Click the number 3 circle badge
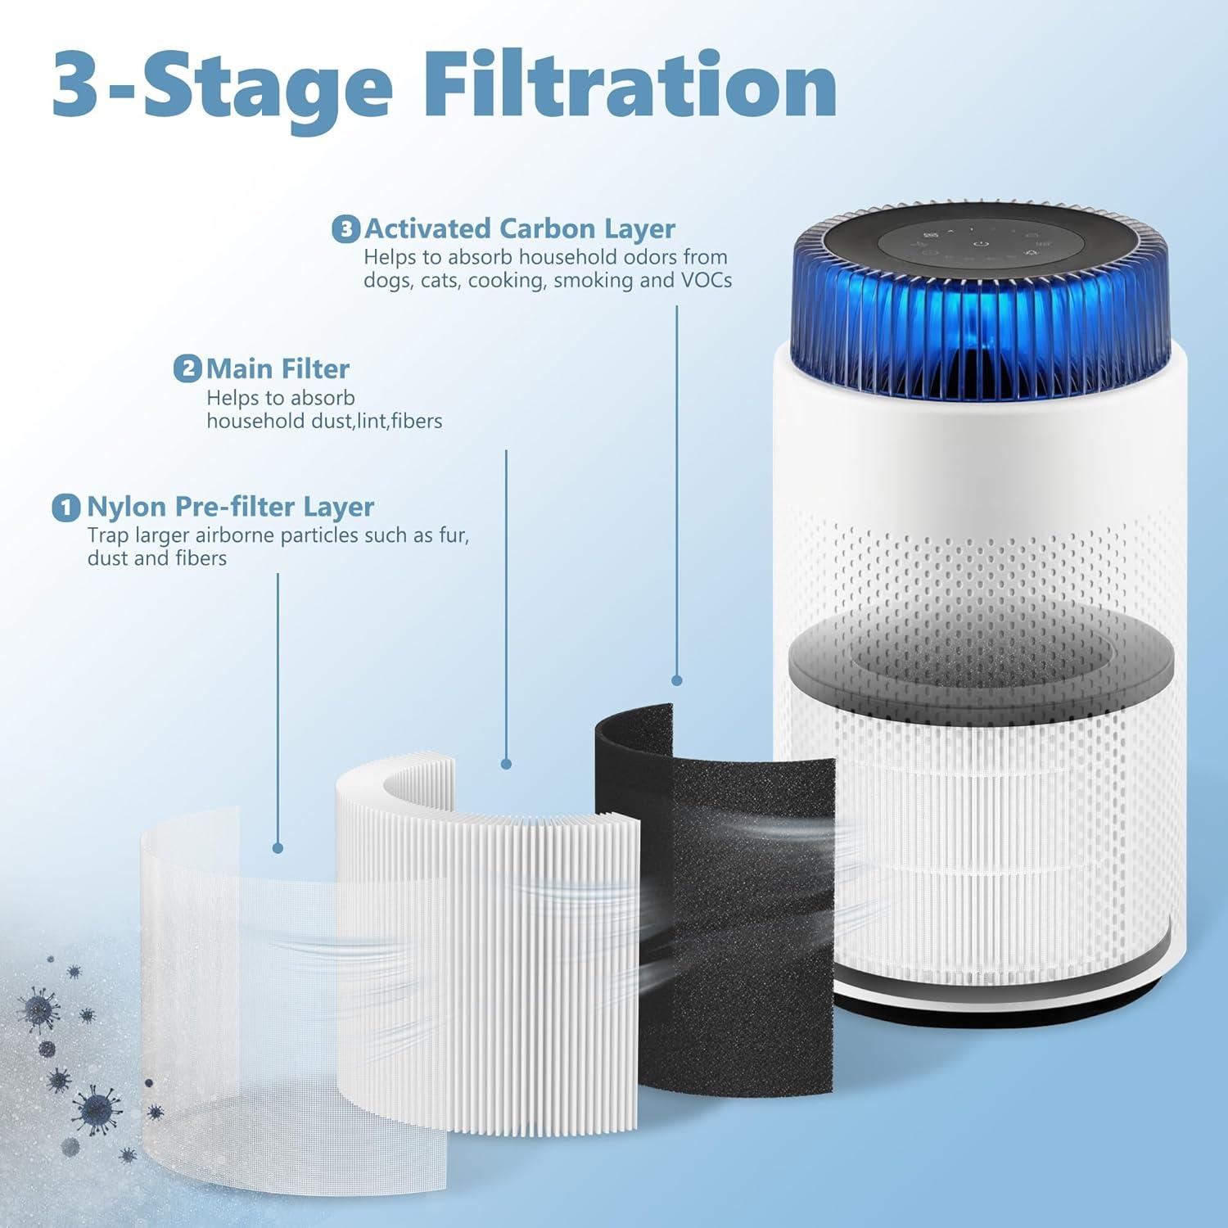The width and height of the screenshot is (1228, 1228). tap(345, 229)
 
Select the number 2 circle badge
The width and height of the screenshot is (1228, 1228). tap(187, 369)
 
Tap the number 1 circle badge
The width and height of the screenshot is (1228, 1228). tap(66, 508)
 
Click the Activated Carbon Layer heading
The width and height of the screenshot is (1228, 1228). tap(520, 228)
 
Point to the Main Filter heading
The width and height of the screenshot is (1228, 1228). tap(278, 369)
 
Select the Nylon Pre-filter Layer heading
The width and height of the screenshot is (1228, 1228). tap(230, 507)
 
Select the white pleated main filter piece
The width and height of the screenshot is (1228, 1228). tap(491, 941)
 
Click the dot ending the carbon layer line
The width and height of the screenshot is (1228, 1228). tap(676, 680)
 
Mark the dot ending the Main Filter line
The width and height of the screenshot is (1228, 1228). tap(506, 764)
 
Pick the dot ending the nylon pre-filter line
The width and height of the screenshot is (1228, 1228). tap(278, 848)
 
